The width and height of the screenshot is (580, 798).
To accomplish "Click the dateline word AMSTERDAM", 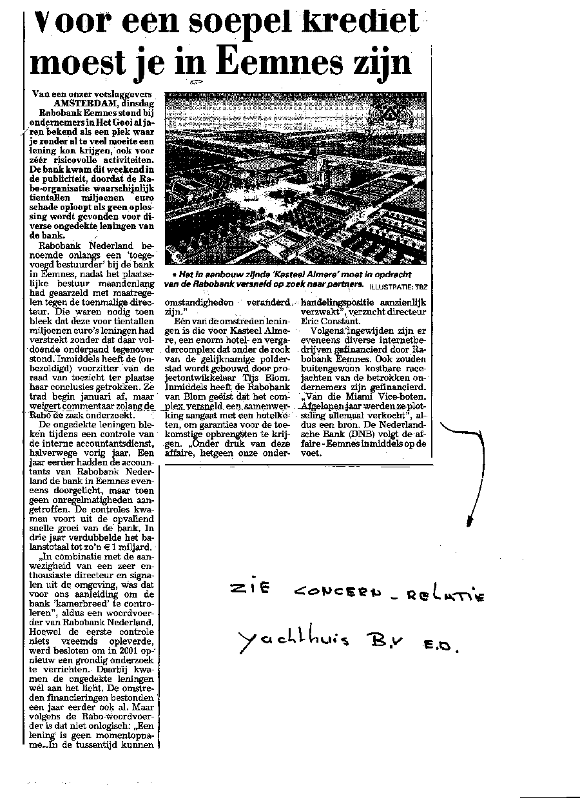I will [82, 102].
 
